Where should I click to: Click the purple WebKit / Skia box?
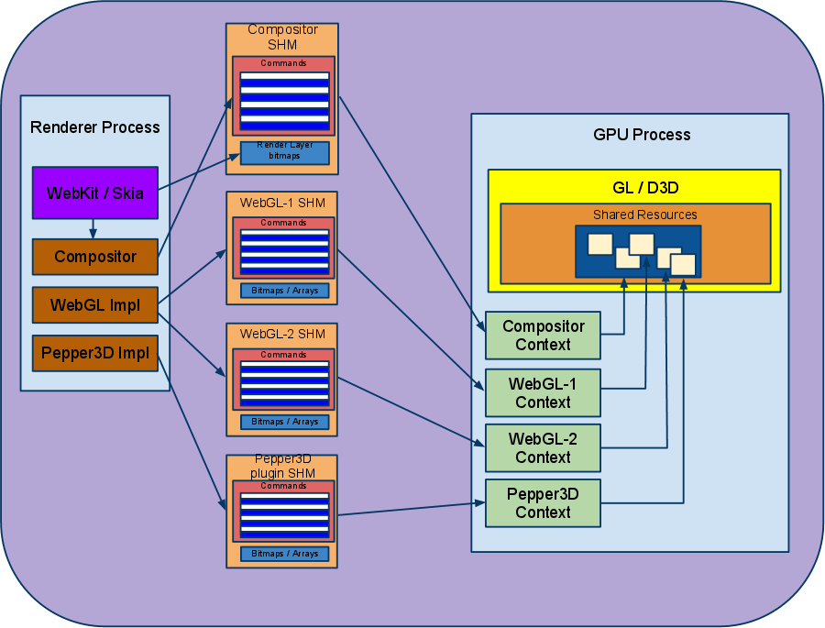pyautogui.click(x=95, y=193)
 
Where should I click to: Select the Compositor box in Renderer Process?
pyautogui.click(x=95, y=257)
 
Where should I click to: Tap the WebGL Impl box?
pyautogui.click(x=95, y=305)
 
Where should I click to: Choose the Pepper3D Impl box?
pyautogui.click(x=95, y=354)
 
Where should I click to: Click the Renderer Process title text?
pyautogui.click(x=95, y=127)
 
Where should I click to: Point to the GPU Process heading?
pyautogui.click(x=642, y=135)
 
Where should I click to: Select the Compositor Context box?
pyautogui.click(x=543, y=336)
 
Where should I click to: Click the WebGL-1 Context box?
pyautogui.click(x=543, y=392)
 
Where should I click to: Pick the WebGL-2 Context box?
pyautogui.click(x=543, y=447)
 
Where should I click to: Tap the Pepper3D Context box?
pyautogui.click(x=543, y=502)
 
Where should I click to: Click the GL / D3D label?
pyautogui.click(x=634, y=188)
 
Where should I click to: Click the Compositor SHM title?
pyautogui.click(x=283, y=38)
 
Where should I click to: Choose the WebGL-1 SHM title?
pyautogui.click(x=283, y=203)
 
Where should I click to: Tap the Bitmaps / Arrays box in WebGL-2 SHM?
pyautogui.click(x=284, y=422)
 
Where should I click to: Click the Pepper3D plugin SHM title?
pyautogui.click(x=283, y=467)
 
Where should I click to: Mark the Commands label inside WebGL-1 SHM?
pyautogui.click(x=283, y=223)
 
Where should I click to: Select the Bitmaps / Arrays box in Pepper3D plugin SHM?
pyautogui.click(x=284, y=554)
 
